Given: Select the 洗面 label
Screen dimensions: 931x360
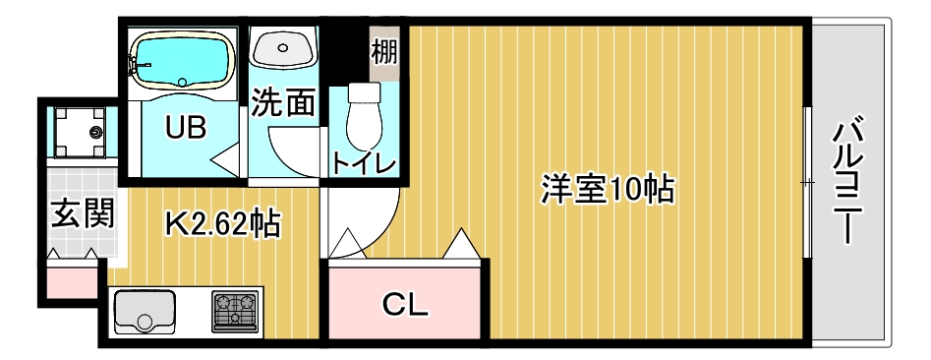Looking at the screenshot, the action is tap(282, 104).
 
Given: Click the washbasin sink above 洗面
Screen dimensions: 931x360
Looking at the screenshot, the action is tap(283, 47).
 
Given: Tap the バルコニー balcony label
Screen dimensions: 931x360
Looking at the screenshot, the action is tap(852, 183).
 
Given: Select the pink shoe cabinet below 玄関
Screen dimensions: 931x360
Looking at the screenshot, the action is tap(71, 280).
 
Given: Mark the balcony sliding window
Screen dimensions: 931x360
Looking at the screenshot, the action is tap(806, 182).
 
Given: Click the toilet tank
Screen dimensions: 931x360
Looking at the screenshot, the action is tap(364, 93).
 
